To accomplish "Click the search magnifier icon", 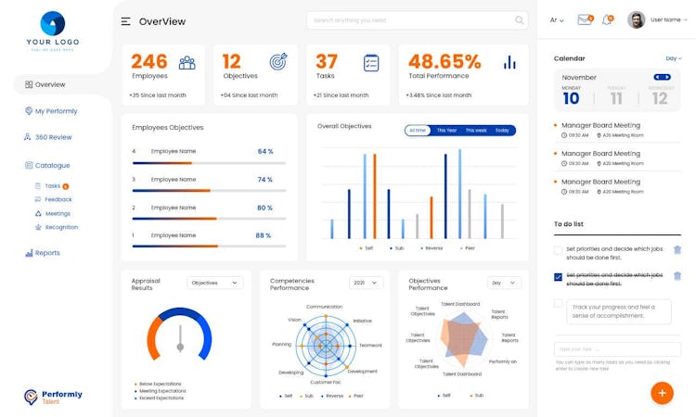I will [520, 20].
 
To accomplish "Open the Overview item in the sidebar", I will [49, 84].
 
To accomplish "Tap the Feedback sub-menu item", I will [58, 199].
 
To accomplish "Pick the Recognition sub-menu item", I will [61, 227].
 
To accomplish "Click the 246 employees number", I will [149, 61].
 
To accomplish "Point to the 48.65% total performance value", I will [445, 61].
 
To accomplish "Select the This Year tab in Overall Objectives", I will [447, 131].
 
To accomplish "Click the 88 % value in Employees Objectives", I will [264, 235].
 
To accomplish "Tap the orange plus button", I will [662, 393].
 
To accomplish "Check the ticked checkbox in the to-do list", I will [558, 276].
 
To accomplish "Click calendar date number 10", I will [571, 98].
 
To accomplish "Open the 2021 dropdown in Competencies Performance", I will [366, 283].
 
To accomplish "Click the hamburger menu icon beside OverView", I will [125, 21].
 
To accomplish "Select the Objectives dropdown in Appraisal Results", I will [214, 283].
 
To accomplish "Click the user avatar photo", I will [637, 19].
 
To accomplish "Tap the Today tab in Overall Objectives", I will [502, 131].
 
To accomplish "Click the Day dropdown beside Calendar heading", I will [674, 58].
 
